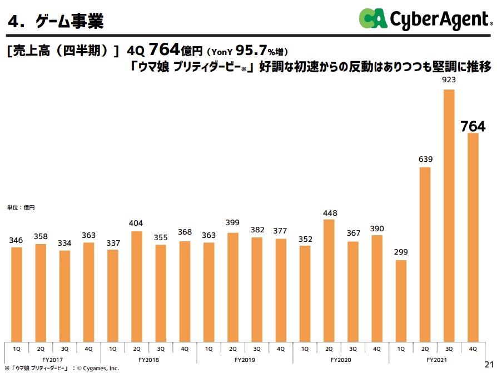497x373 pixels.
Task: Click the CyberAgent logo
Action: (x=425, y=19)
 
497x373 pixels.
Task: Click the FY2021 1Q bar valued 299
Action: (x=401, y=300)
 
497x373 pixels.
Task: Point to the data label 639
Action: (x=425, y=160)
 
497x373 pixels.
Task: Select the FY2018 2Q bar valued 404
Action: (x=137, y=286)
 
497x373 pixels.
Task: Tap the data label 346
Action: (x=17, y=240)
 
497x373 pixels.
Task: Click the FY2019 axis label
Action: (x=245, y=360)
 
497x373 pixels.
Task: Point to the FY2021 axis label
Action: (x=437, y=360)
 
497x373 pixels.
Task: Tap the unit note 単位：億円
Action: (x=21, y=207)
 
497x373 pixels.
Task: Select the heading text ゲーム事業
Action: (x=69, y=22)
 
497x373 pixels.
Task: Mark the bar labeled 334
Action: (x=64, y=295)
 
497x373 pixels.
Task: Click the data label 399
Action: (x=233, y=223)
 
